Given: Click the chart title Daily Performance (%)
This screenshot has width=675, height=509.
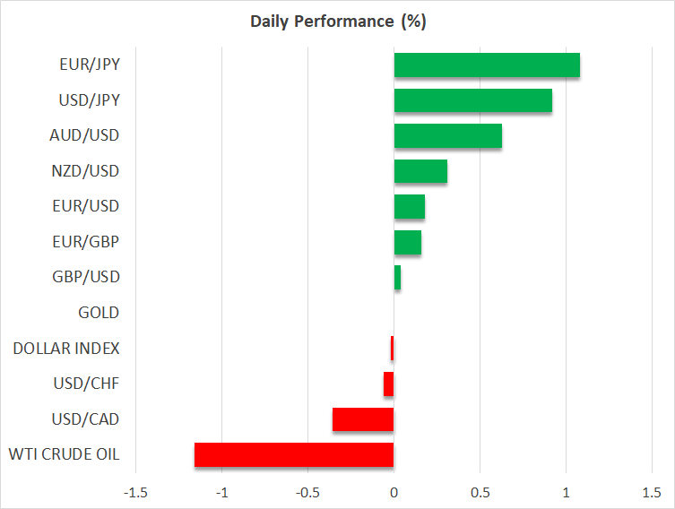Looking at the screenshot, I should pos(337,22).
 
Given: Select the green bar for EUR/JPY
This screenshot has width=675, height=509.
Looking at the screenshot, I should pos(487,65).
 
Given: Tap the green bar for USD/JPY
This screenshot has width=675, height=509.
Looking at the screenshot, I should pos(472,100).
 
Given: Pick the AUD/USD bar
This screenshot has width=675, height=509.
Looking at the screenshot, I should pos(447,136).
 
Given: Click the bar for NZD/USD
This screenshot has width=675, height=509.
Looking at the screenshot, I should pos(420,171).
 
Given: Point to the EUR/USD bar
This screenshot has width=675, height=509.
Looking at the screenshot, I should pos(409,207).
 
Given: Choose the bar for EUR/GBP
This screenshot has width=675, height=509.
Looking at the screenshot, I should pos(407,242).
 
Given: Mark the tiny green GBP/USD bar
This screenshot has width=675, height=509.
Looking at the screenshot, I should pos(397,278).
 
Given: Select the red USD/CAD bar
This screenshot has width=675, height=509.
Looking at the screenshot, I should pos(363,419).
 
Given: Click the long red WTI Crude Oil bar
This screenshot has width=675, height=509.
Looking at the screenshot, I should pos(294,454).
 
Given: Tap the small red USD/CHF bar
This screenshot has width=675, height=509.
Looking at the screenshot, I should pos(389,384).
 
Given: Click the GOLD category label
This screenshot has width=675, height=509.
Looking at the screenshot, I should pos(99,313).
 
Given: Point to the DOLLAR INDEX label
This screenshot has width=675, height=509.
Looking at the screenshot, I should pos(66,348).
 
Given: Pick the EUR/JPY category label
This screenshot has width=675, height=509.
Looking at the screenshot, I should pos(91,65).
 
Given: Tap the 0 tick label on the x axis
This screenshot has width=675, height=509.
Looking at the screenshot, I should pos(394,492).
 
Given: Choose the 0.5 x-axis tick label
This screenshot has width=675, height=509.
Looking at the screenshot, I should pos(480,492).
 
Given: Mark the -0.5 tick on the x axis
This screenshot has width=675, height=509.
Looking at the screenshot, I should pos(307,492).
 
